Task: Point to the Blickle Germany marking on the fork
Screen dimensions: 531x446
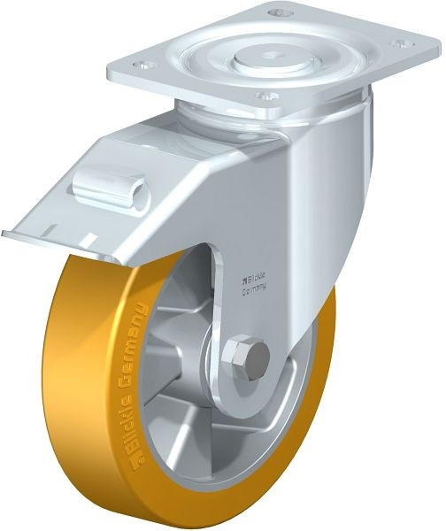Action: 256,282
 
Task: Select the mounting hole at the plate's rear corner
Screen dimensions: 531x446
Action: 279,14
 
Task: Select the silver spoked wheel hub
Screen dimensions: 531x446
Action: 177,372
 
